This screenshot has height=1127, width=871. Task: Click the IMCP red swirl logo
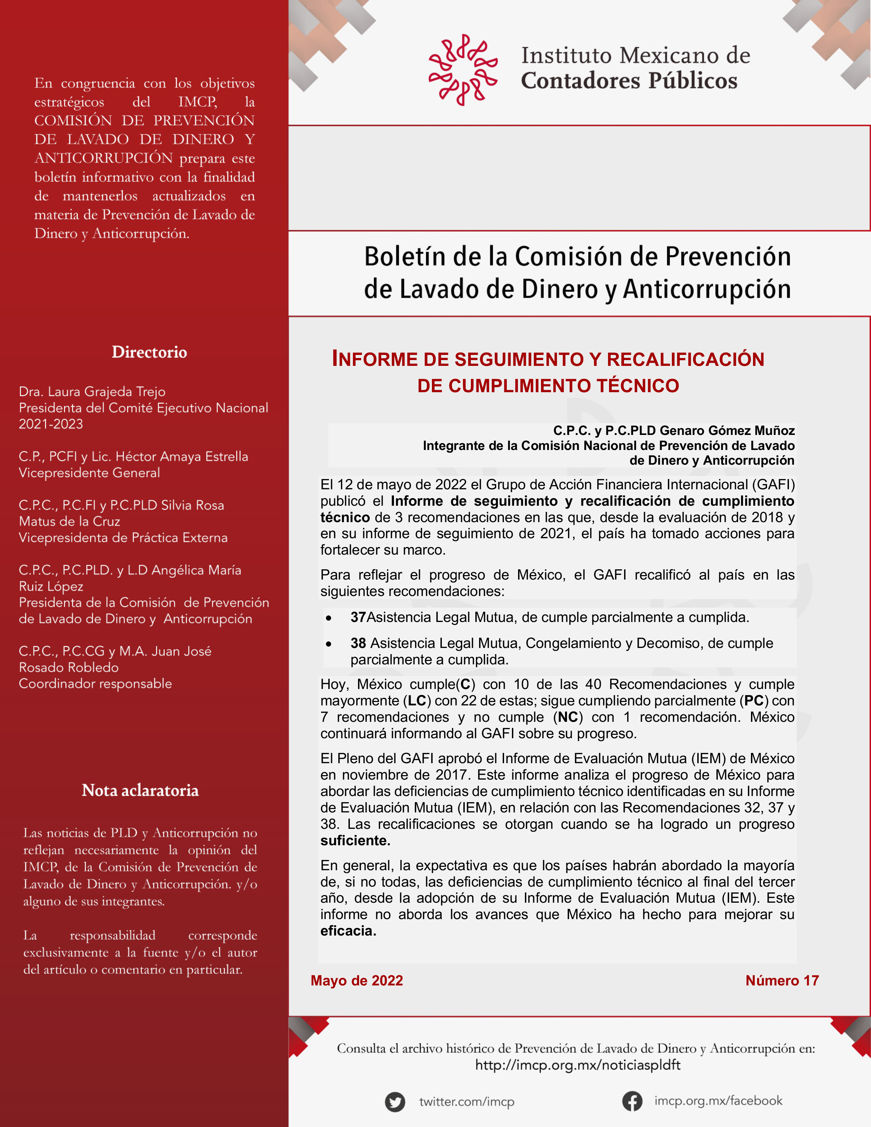(x=463, y=70)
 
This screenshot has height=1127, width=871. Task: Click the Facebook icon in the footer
(x=632, y=1101)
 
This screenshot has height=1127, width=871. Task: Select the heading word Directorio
(x=149, y=352)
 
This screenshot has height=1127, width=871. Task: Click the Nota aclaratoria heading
(x=140, y=790)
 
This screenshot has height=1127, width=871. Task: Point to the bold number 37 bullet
(x=358, y=617)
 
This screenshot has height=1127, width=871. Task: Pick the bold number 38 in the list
(x=358, y=643)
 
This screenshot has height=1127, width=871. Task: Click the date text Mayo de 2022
(x=357, y=980)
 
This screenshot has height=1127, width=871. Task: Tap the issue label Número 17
(x=782, y=980)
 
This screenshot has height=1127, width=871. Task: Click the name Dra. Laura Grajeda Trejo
(x=92, y=392)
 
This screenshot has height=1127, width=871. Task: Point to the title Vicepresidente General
(x=89, y=473)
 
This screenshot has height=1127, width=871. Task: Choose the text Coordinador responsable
(x=95, y=684)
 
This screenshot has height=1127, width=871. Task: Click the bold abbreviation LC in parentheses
(x=417, y=701)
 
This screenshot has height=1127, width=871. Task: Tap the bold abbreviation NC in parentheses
(x=568, y=717)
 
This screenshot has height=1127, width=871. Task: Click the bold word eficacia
(x=348, y=931)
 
